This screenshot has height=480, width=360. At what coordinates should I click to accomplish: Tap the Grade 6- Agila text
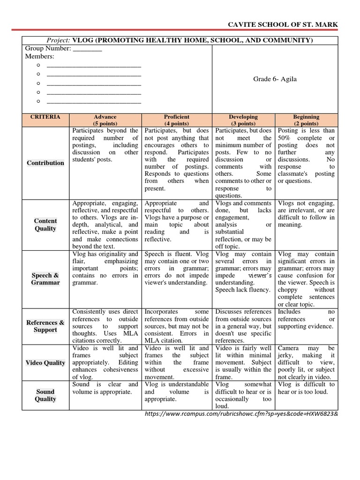275,79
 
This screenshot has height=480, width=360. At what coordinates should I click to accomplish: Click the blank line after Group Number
88,49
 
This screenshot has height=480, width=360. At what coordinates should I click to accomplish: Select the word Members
39,57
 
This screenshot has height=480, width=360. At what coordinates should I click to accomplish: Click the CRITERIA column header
45,117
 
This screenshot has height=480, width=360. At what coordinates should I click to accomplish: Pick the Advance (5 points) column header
105,120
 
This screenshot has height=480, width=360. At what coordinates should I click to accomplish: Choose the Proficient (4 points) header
177,120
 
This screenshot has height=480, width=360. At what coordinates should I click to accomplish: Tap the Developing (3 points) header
243,120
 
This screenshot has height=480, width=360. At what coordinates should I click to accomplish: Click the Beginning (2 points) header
306,120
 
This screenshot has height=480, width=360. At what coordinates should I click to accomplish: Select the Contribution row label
45,163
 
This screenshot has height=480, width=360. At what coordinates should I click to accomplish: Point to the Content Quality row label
45,225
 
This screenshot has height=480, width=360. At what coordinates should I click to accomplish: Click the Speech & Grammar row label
45,279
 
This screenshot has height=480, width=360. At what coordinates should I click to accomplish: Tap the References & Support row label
45,326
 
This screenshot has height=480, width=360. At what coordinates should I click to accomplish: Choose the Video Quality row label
45,363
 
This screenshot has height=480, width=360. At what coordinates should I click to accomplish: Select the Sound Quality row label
45,395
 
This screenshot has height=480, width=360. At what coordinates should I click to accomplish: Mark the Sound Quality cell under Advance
105,388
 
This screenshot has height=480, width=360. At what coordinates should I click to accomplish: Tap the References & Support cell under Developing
243,326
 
